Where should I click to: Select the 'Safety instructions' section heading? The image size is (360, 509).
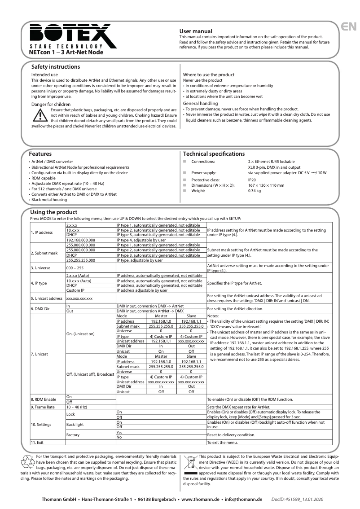pos(55,67)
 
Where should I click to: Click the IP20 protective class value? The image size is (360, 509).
pos(253,180)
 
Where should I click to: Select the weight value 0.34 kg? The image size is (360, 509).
pos(255,190)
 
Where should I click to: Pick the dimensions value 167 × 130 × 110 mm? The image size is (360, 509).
pos(266,185)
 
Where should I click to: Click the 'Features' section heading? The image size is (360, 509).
pos(40,154)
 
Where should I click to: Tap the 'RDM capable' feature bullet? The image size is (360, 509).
pos(43,178)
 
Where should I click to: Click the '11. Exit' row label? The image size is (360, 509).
pos(38,442)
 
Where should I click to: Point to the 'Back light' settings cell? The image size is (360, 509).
pos(75,424)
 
